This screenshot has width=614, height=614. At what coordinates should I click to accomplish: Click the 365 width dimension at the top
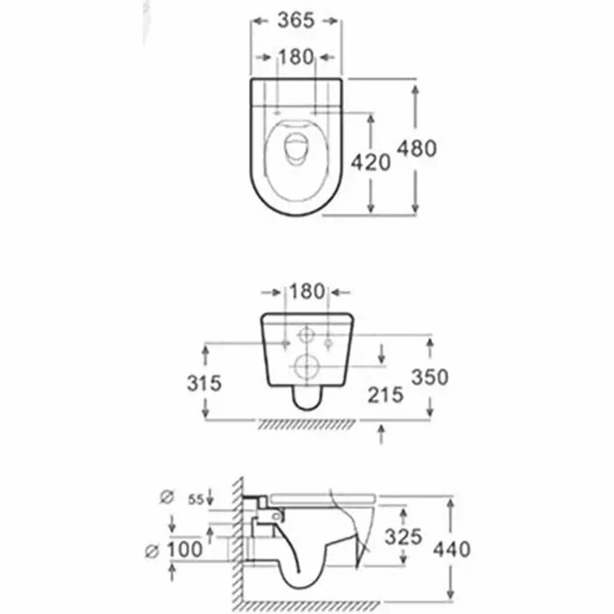click(x=295, y=19)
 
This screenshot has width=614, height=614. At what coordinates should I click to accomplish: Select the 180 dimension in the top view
click(x=295, y=57)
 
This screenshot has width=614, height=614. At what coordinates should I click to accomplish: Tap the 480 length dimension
click(x=418, y=148)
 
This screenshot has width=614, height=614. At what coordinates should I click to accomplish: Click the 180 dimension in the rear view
click(x=306, y=290)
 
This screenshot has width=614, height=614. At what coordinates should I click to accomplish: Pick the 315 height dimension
click(x=203, y=382)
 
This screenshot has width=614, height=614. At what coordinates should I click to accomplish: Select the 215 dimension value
click(x=385, y=394)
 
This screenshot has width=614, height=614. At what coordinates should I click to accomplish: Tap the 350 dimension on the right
click(x=431, y=377)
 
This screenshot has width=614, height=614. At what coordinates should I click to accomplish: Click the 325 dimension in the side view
click(x=404, y=535)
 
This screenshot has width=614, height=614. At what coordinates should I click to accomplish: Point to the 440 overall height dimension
click(x=453, y=550)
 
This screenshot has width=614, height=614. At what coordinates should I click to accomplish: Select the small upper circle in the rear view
click(x=306, y=336)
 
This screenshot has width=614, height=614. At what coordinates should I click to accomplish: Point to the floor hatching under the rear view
click(x=306, y=425)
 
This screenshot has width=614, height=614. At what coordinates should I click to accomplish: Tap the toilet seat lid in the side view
click(x=325, y=497)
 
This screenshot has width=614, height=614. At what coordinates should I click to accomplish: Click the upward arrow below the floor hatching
click(x=382, y=432)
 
